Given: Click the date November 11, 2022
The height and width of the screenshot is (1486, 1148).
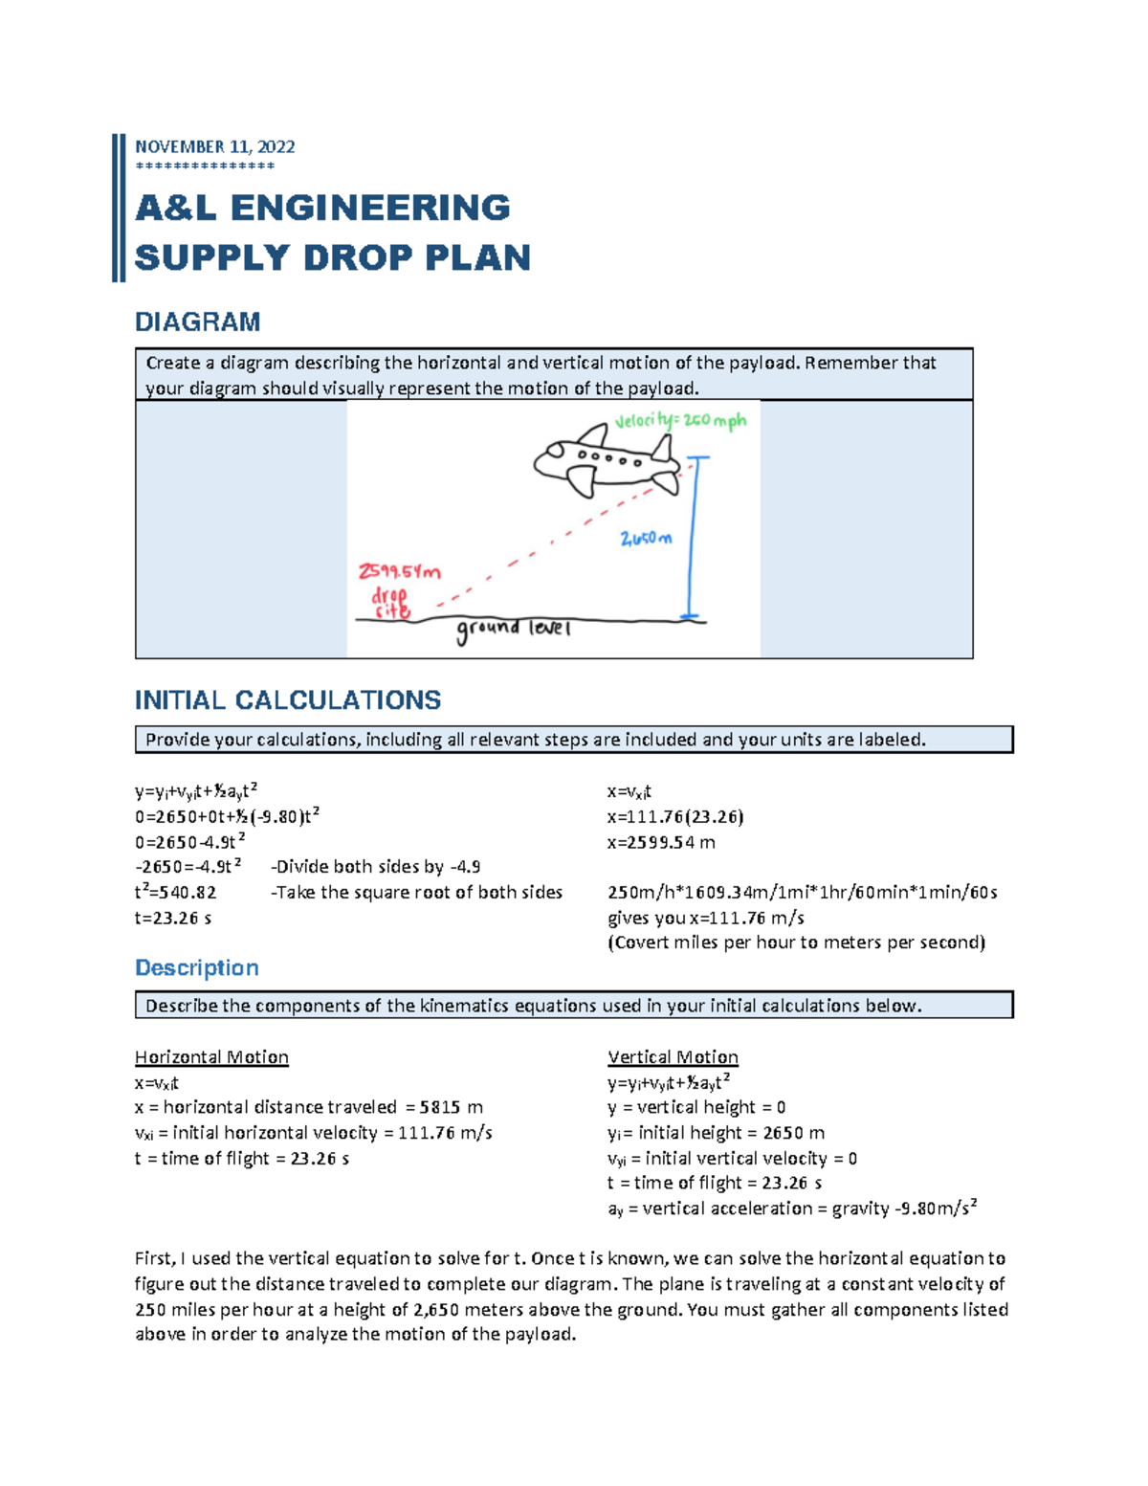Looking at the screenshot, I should [214, 146].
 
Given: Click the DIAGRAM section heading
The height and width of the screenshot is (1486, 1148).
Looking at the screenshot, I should [197, 322].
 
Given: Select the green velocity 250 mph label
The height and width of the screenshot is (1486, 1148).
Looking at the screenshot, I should [680, 421].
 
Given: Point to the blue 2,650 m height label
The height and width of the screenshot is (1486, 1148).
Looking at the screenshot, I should [646, 539].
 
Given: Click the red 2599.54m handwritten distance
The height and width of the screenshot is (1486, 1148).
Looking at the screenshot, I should [399, 572].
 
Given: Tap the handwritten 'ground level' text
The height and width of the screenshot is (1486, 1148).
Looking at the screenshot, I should [513, 630].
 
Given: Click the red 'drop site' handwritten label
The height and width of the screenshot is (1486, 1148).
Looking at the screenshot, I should [390, 603].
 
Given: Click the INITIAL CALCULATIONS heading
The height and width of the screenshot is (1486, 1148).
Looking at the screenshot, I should [287, 700].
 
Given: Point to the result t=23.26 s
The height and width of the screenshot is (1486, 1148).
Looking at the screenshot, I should [173, 918].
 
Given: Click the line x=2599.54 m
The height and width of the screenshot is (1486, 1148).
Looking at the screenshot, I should [661, 842].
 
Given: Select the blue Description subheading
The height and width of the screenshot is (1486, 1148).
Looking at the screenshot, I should [196, 967].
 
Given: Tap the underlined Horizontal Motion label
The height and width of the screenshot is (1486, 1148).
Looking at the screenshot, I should [211, 1056].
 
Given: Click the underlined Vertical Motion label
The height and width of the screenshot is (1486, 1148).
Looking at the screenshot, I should [673, 1056].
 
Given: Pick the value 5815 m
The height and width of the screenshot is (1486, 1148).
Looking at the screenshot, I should [451, 1107].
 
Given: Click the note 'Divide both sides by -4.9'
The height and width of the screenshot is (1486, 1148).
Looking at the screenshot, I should [376, 867].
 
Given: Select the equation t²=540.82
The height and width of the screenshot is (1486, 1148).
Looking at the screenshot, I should [175, 892].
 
